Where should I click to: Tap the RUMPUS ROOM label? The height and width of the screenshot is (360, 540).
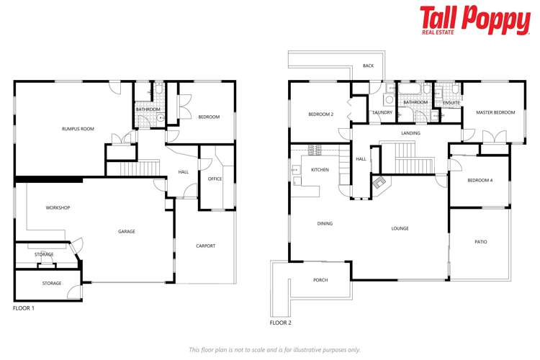click(78, 129)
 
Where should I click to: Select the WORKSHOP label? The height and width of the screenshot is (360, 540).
click(58, 208)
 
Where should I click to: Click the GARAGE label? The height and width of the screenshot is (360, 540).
click(127, 231)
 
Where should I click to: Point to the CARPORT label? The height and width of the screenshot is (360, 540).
click(206, 246)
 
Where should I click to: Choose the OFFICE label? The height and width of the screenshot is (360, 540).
click(215, 179)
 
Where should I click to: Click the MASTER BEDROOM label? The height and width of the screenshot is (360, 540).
click(495, 112)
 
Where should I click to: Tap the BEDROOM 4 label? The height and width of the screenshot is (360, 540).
click(480, 180)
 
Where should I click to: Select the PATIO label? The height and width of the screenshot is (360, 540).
click(480, 242)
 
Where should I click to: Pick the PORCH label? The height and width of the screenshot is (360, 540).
click(320, 280)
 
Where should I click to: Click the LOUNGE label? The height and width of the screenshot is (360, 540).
click(400, 229)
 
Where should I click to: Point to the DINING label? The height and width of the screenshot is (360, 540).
click(325, 224)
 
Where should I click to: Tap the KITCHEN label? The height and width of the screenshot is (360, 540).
click(320, 170)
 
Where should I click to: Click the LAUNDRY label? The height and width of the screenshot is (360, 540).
click(382, 113)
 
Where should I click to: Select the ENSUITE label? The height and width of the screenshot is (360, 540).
click(451, 103)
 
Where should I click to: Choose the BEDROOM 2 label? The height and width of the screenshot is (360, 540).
click(320, 114)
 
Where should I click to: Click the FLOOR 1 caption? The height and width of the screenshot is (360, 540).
click(24, 308)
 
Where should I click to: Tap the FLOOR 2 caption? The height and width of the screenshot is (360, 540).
click(280, 323)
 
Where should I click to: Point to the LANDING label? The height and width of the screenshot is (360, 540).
click(410, 133)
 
